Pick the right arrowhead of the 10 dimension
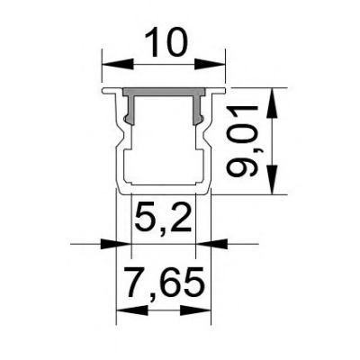[x=215, y=64]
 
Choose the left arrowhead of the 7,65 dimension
[x=127, y=310]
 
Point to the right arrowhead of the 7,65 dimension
[x=200, y=310]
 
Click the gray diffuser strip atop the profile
[x=163, y=94]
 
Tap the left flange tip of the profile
[x=103, y=91]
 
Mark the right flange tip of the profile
[x=222, y=91]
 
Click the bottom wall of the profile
[x=163, y=190]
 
